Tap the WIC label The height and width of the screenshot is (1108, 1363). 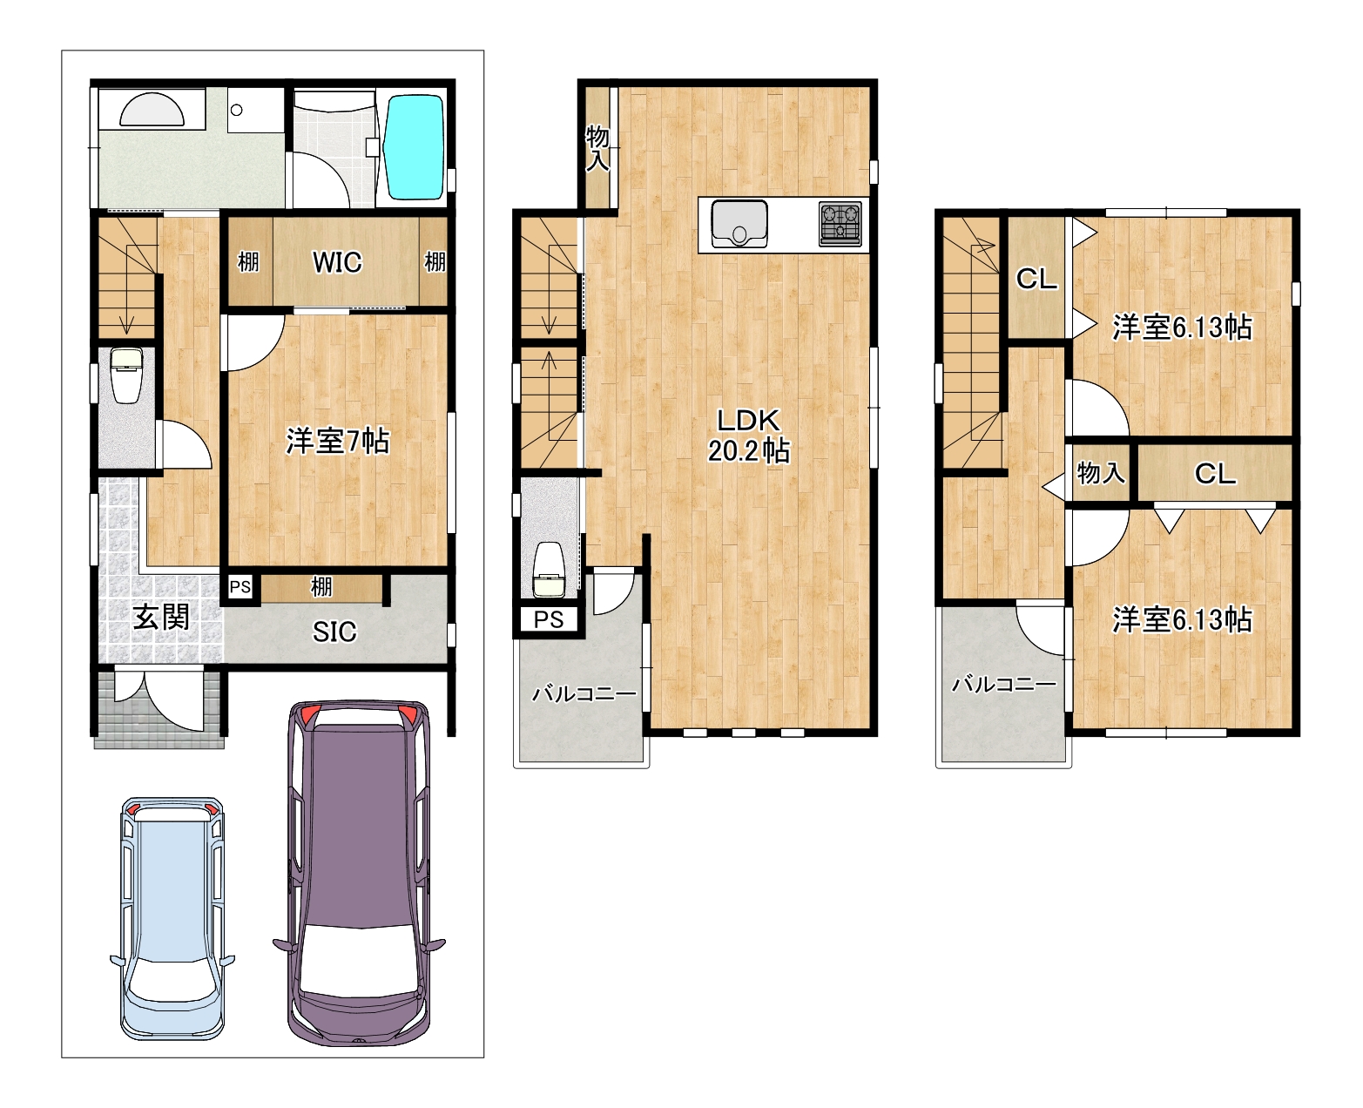pos(337,262)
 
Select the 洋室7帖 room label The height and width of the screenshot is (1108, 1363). pos(337,441)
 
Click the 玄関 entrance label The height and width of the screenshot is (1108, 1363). pos(160,617)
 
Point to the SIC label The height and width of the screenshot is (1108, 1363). pos(334,632)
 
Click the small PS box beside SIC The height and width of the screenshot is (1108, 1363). pos(240,587)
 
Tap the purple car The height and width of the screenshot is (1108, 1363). pos(359,873)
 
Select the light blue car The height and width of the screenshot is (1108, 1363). pos(172,918)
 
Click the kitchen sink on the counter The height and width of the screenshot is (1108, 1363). pos(739,224)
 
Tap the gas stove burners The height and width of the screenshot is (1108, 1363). pos(840,224)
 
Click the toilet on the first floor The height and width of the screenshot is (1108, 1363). pos(126,375)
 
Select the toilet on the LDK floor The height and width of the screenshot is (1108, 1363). pos(549,570)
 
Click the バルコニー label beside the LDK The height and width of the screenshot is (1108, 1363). pos(584,694)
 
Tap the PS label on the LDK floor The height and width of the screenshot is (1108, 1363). pos(549,619)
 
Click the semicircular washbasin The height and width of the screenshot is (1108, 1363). pos(152,109)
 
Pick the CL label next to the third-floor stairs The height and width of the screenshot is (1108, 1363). pos(1036,279)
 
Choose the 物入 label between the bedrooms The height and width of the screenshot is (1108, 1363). pos(1101,473)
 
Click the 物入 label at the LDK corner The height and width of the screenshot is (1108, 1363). pos(597,148)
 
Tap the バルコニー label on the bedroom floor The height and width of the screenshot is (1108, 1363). pos(1004,685)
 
